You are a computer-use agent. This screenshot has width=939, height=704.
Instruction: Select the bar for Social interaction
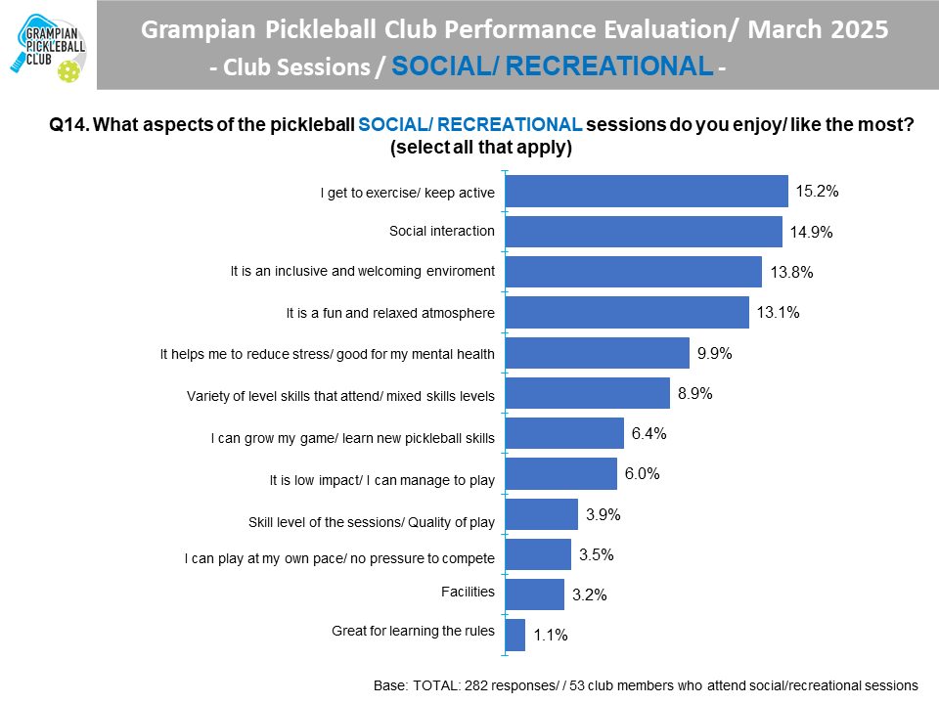643,232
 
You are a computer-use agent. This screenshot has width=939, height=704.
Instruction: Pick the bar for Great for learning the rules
514,635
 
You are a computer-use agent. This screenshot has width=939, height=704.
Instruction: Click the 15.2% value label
817,192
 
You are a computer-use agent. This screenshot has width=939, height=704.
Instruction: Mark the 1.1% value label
552,636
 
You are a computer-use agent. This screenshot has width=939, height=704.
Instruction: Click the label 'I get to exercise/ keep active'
408,193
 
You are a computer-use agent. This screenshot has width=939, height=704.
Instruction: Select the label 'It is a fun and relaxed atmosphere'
390,313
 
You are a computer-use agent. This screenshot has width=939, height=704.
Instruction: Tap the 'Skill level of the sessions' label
373,522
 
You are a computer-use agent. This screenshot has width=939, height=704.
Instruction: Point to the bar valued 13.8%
633,272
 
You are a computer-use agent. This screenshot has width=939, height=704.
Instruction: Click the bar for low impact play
560,473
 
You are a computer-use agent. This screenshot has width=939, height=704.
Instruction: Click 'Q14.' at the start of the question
69,125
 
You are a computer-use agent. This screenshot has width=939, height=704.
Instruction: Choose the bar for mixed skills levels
587,393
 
